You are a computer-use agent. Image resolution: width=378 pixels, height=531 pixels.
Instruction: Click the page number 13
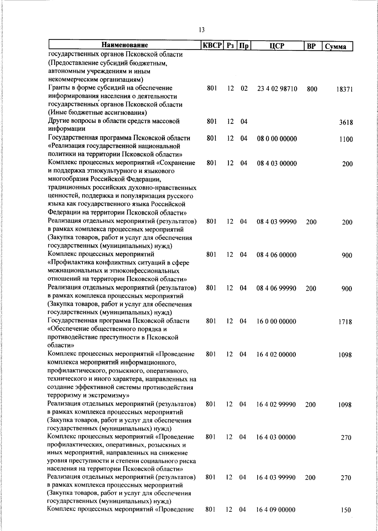tap(202, 30)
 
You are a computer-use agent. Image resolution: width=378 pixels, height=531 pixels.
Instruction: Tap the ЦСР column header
tap(277, 46)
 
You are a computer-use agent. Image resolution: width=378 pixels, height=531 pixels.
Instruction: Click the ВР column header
tap(311, 46)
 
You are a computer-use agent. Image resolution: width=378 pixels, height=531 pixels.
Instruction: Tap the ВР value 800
tap(312, 89)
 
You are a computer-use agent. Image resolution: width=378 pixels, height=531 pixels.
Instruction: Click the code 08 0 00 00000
tap(277, 139)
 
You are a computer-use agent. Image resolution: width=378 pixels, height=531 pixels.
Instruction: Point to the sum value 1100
tap(346, 139)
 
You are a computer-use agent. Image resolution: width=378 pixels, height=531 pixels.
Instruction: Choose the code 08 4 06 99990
tap(277, 288)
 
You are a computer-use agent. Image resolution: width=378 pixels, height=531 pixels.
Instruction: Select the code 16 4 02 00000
tap(276, 355)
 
